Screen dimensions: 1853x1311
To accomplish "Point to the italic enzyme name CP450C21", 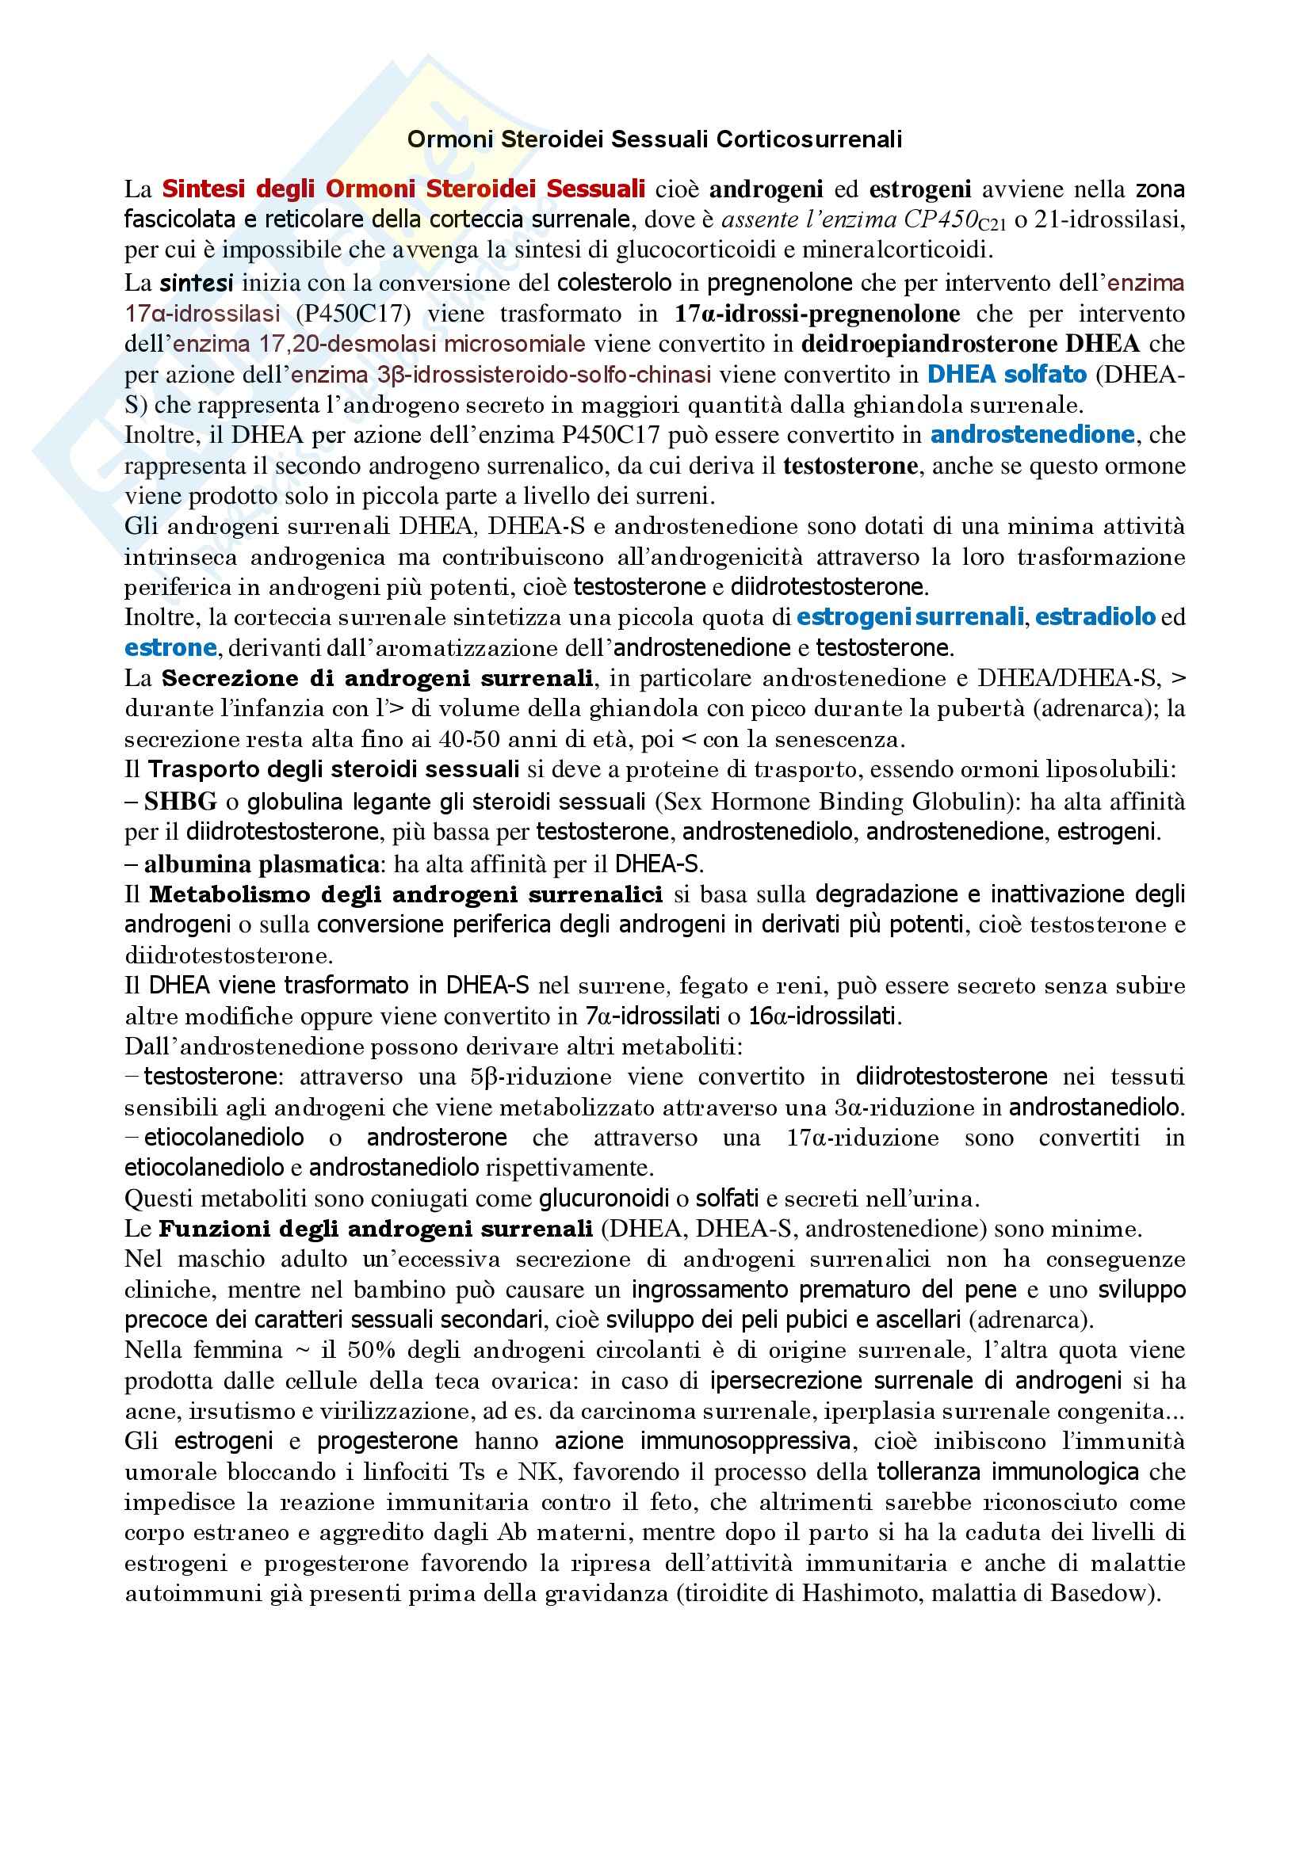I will coord(954,220).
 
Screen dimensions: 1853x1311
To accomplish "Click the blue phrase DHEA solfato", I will coord(1007,375).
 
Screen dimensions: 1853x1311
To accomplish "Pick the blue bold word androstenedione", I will coord(1033,435).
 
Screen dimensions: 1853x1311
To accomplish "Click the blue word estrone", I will coord(170,648).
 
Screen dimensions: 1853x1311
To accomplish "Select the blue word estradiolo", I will coord(1095,617).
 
